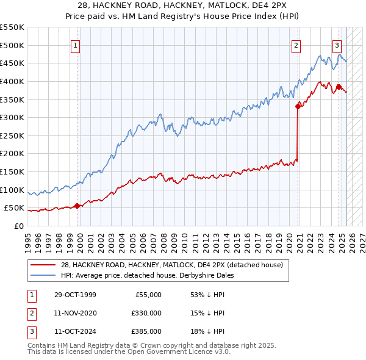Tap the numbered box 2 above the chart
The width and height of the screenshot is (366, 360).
(x=296, y=45)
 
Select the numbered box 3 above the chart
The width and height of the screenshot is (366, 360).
(x=337, y=45)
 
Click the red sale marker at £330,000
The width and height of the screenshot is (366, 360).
(x=298, y=106)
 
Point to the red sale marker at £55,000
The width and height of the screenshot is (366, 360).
(x=77, y=206)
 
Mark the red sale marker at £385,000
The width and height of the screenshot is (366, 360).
(x=339, y=86)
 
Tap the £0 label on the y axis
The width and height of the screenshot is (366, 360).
(x=18, y=226)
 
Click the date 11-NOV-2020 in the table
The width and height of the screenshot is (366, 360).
(x=75, y=313)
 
